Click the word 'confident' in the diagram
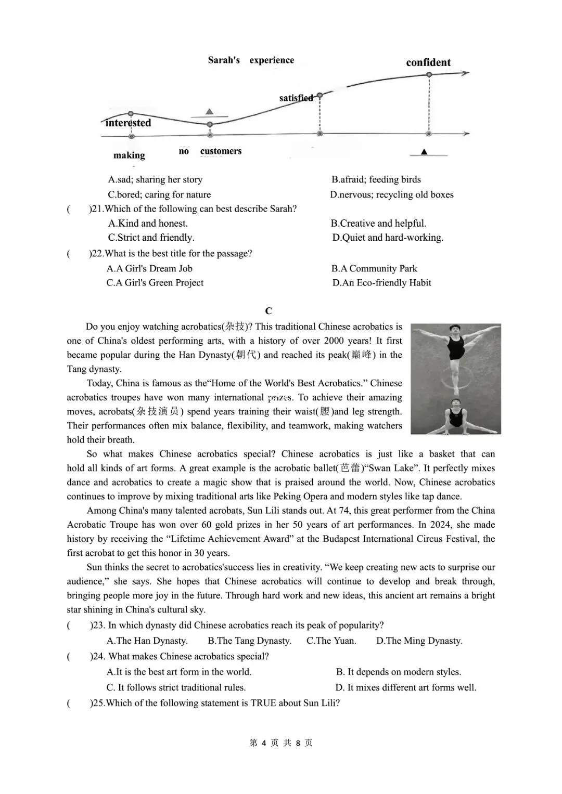tap(428, 62)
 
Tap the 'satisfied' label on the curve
tap(296, 98)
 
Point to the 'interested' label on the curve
tap(128, 123)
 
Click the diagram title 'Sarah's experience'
tap(251, 60)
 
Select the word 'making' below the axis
tap(129, 155)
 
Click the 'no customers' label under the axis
tap(210, 151)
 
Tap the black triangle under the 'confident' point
tap(424, 152)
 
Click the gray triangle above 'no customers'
tap(209, 111)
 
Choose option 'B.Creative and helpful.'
tap(378, 223)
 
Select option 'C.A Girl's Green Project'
tap(155, 282)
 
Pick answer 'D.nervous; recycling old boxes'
tap(391, 194)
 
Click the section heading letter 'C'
tap(269, 311)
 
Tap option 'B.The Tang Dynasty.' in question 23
tap(249, 641)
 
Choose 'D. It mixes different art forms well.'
tap(405, 687)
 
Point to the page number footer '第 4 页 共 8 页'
tap(281, 743)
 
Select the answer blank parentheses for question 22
tap(78, 254)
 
